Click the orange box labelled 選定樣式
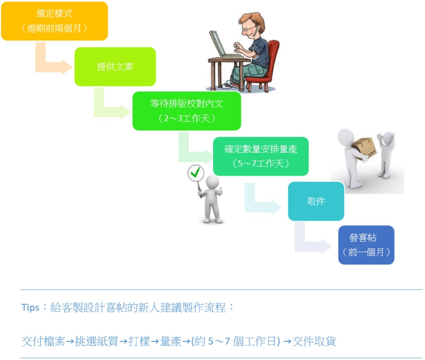pos(55,21)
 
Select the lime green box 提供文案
pos(115,66)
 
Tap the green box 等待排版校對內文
pos(187,111)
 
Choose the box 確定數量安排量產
pos(261,156)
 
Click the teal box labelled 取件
pos(316,201)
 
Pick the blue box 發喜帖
pos(366,245)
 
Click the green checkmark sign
pos(196,173)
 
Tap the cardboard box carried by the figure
pos(364,148)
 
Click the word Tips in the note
pos(31,308)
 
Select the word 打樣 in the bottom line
pos(139,341)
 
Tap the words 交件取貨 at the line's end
pos(314,341)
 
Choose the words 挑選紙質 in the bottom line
pos(97,341)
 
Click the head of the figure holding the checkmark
pos(212,182)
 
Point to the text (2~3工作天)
pos(187,118)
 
